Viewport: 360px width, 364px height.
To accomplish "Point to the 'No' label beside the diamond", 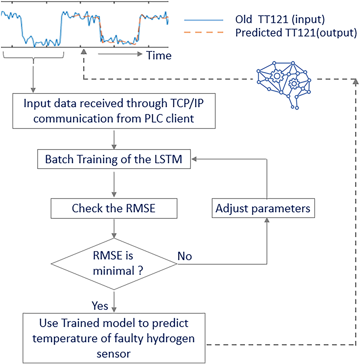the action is click(x=185, y=256).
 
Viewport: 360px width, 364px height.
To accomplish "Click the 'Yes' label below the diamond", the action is click(x=100, y=306).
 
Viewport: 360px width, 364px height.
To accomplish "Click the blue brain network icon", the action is click(x=284, y=85).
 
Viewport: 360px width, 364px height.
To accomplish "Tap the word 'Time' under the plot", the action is click(x=159, y=55).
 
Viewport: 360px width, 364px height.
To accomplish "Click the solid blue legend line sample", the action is click(x=204, y=20).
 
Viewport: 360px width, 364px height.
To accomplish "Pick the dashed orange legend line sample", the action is click(x=204, y=32).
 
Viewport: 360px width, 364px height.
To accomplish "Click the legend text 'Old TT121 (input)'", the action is click(x=280, y=20).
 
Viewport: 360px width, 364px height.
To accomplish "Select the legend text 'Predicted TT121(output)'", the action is click(x=296, y=33).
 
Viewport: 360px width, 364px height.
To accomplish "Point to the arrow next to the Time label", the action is click(x=120, y=54).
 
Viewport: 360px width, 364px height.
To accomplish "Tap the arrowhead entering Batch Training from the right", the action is click(x=194, y=159).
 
